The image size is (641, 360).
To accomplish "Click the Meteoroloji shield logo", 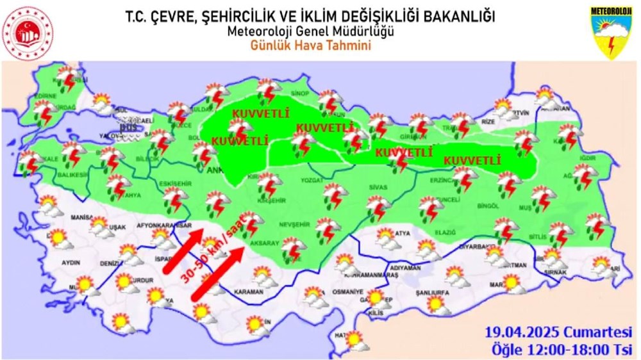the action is coord(612,33).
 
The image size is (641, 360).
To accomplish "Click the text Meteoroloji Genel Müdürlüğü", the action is coord(310,31).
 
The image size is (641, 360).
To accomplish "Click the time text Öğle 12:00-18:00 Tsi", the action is coord(562,350).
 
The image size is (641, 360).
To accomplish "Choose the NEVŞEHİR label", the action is coord(296,225).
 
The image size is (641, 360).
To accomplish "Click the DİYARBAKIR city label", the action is coord(479,246).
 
